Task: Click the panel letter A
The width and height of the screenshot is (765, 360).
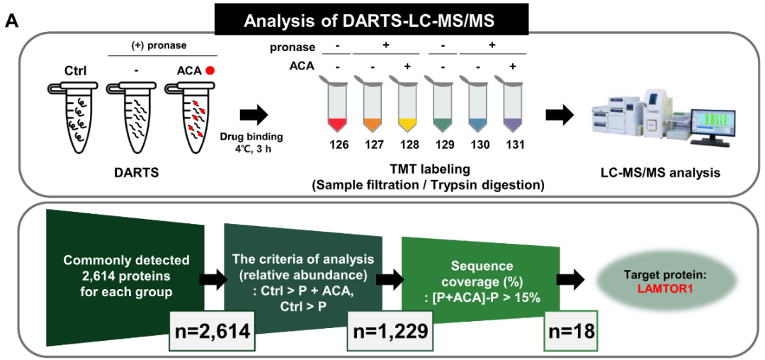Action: point(11,21)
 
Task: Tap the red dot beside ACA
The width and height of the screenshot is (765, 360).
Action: point(210,70)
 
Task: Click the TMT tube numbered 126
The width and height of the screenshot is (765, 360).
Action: point(339,106)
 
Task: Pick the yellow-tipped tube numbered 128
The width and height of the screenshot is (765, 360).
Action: point(407,106)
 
